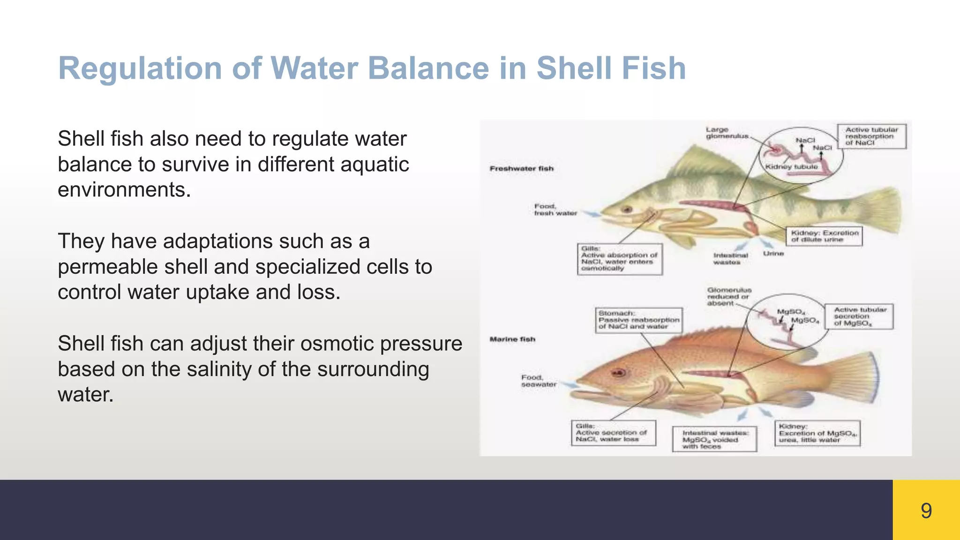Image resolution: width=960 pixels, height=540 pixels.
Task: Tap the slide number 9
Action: [926, 510]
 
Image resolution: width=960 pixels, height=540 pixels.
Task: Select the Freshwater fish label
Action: [521, 168]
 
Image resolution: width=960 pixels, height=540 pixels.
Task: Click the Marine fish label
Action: [512, 339]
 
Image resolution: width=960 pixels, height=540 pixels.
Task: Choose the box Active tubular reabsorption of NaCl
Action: [871, 136]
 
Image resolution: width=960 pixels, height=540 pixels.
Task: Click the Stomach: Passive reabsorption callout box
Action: [638, 320]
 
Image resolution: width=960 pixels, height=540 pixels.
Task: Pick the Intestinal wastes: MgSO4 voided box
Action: [714, 439]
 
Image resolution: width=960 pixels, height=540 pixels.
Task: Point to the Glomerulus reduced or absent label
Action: [728, 297]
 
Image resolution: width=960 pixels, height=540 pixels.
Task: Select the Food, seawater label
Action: [538, 381]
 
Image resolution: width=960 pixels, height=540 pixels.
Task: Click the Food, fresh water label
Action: [555, 210]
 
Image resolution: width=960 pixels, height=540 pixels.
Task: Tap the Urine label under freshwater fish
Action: [773, 254]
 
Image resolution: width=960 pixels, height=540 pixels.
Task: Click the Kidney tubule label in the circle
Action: [791, 166]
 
